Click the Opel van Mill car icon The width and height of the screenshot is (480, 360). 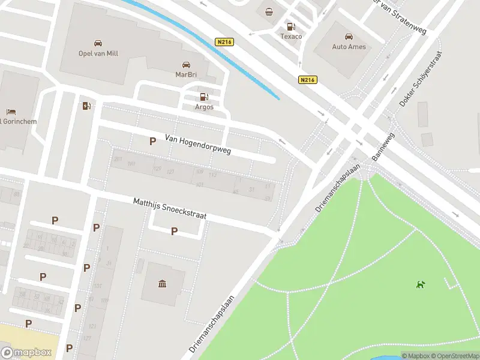[98, 43]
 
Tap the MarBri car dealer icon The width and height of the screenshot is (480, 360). [186, 65]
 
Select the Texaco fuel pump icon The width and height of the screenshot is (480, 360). [291, 26]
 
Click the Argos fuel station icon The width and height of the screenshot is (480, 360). [204, 97]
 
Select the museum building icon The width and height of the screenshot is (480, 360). [163, 283]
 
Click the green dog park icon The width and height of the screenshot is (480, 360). [421, 284]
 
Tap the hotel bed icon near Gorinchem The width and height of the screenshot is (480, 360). [11, 112]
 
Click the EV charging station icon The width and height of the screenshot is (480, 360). [86, 106]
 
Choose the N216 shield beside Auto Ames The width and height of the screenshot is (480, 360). [307, 79]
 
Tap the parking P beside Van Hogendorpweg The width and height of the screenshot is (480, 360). [152, 141]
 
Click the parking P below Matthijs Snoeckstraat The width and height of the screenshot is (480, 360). [175, 231]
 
